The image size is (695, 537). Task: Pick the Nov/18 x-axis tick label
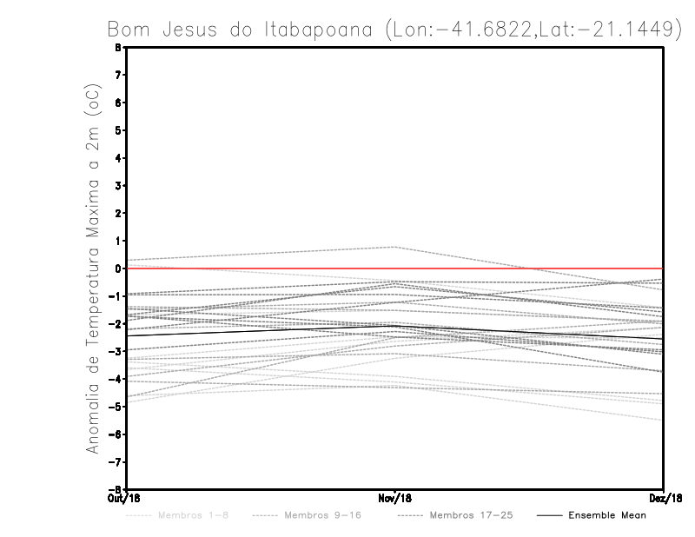[395, 498]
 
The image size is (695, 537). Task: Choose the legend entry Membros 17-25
[471, 515]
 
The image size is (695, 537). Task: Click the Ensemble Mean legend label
[607, 515]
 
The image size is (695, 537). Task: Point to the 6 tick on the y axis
[117, 103]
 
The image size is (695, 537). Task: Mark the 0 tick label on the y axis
[117, 268]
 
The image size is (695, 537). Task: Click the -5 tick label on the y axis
[116, 407]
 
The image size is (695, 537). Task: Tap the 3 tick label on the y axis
[117, 186]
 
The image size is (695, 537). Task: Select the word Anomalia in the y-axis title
[93, 408]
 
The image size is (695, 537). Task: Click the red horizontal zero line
[521, 268]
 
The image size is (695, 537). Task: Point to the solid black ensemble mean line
[261, 329]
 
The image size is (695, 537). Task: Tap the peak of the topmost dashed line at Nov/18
[395, 247]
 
